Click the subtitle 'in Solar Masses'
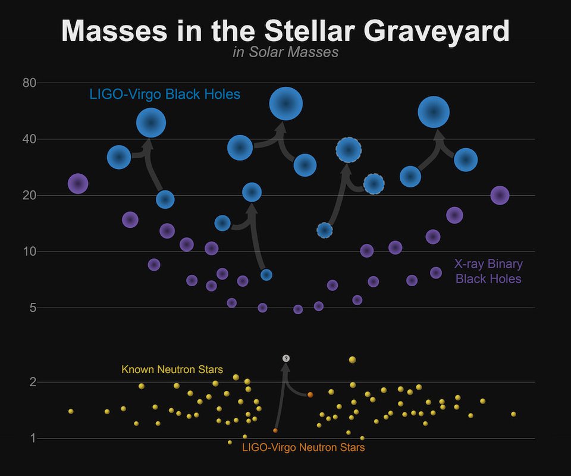[x=285, y=52]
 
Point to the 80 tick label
[x=30, y=83]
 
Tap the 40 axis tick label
[x=30, y=139]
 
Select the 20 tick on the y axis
[x=30, y=195]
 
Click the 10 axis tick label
[x=30, y=252]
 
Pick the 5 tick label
[x=33, y=308]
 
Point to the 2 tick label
[x=33, y=382]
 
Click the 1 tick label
[x=33, y=439]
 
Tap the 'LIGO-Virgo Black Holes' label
[x=165, y=94]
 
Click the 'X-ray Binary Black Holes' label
[x=488, y=271]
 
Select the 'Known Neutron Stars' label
[x=172, y=370]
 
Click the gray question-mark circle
[x=286, y=358]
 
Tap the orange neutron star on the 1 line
[x=275, y=430]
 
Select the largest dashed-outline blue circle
[x=349, y=150]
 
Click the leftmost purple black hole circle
[x=78, y=184]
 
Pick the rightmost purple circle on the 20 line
[x=500, y=195]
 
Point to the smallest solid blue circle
[x=266, y=274]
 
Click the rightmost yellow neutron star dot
[x=513, y=414]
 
